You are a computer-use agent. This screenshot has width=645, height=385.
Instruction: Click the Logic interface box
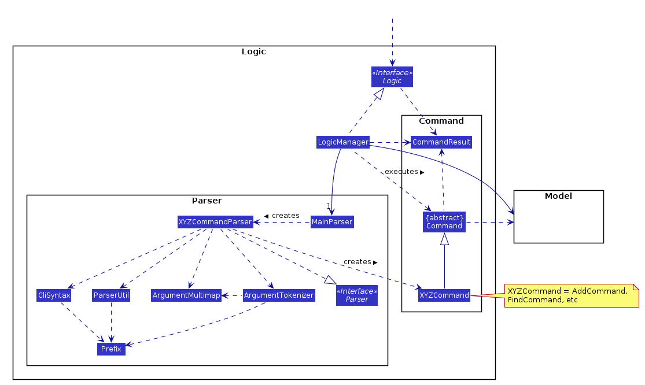[392, 77]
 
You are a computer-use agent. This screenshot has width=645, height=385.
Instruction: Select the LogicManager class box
[342, 142]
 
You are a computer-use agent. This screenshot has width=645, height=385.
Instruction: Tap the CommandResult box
[441, 142]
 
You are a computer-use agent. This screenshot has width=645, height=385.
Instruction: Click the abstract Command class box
[444, 222]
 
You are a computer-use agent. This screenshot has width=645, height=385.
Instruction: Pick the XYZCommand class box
[444, 295]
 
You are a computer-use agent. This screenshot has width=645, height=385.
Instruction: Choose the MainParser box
[331, 221]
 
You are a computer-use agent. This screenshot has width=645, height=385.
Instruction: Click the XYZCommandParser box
[215, 221]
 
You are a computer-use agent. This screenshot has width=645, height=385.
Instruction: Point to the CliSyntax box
[53, 295]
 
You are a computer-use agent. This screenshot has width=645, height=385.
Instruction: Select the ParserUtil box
[111, 295]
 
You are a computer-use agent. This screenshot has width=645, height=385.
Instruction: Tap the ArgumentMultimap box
[186, 295]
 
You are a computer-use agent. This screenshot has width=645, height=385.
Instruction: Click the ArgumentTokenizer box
[278, 295]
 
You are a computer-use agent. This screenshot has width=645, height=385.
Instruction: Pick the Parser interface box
[356, 295]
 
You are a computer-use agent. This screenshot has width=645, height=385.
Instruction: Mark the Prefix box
[111, 349]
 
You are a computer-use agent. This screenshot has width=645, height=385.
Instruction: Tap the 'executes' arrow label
[400, 172]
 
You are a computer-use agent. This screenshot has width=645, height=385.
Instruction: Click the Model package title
[558, 196]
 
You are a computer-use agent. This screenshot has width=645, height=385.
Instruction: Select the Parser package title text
[207, 201]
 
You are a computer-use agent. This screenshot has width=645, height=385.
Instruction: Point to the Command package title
[441, 121]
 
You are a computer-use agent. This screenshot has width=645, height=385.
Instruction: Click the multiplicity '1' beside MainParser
[328, 206]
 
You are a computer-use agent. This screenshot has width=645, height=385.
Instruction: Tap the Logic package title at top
[253, 51]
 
